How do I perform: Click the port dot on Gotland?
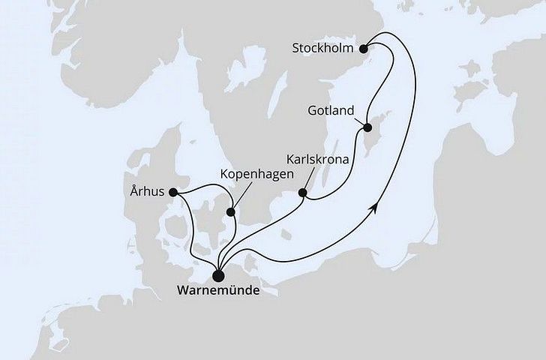point(368,128)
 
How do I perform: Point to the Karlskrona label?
point(316,159)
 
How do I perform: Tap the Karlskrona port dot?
point(303,193)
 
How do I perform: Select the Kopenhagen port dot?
point(231,211)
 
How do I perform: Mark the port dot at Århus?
point(174,193)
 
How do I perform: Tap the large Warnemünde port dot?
point(218,274)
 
